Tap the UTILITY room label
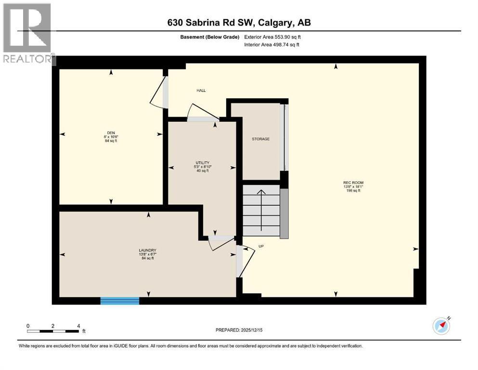pyautogui.click(x=202, y=163)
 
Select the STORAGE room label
pyautogui.click(x=260, y=139)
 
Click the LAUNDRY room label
pyautogui.click(x=147, y=251)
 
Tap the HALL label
pyautogui.click(x=201, y=90)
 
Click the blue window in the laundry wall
pyautogui.click(x=120, y=301)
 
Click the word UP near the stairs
pyautogui.click(x=261, y=246)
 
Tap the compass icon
pyautogui.click(x=441, y=326)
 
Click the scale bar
pyautogui.click(x=53, y=331)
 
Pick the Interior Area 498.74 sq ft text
pyautogui.click(x=272, y=44)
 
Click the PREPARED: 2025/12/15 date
pyautogui.click(x=239, y=330)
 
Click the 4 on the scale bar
pyautogui.click(x=78, y=325)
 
